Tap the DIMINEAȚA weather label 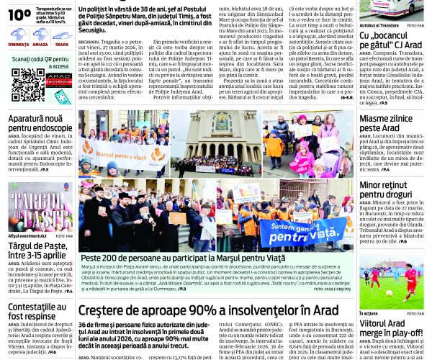point(19,44)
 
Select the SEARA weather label point(62,44)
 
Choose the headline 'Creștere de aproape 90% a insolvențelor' point(208,289)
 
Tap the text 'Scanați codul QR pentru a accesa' point(40,63)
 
